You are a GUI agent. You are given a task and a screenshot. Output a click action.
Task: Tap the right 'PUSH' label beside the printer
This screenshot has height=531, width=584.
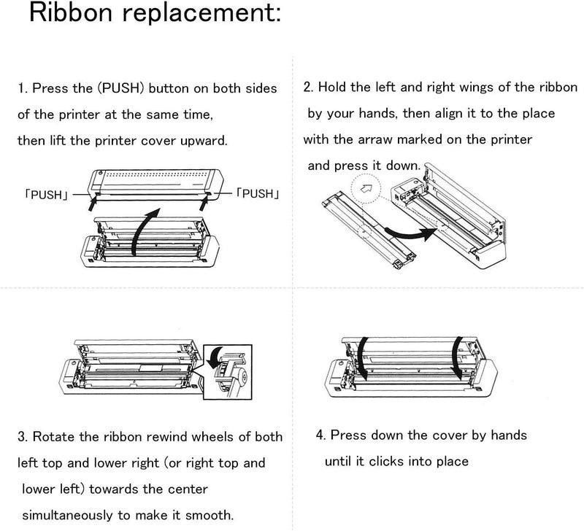tap(257, 193)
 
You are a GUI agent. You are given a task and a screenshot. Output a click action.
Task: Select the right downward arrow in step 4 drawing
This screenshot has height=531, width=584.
tap(456, 357)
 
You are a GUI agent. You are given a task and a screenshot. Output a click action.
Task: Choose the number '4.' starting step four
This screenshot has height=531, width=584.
tap(321, 435)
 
